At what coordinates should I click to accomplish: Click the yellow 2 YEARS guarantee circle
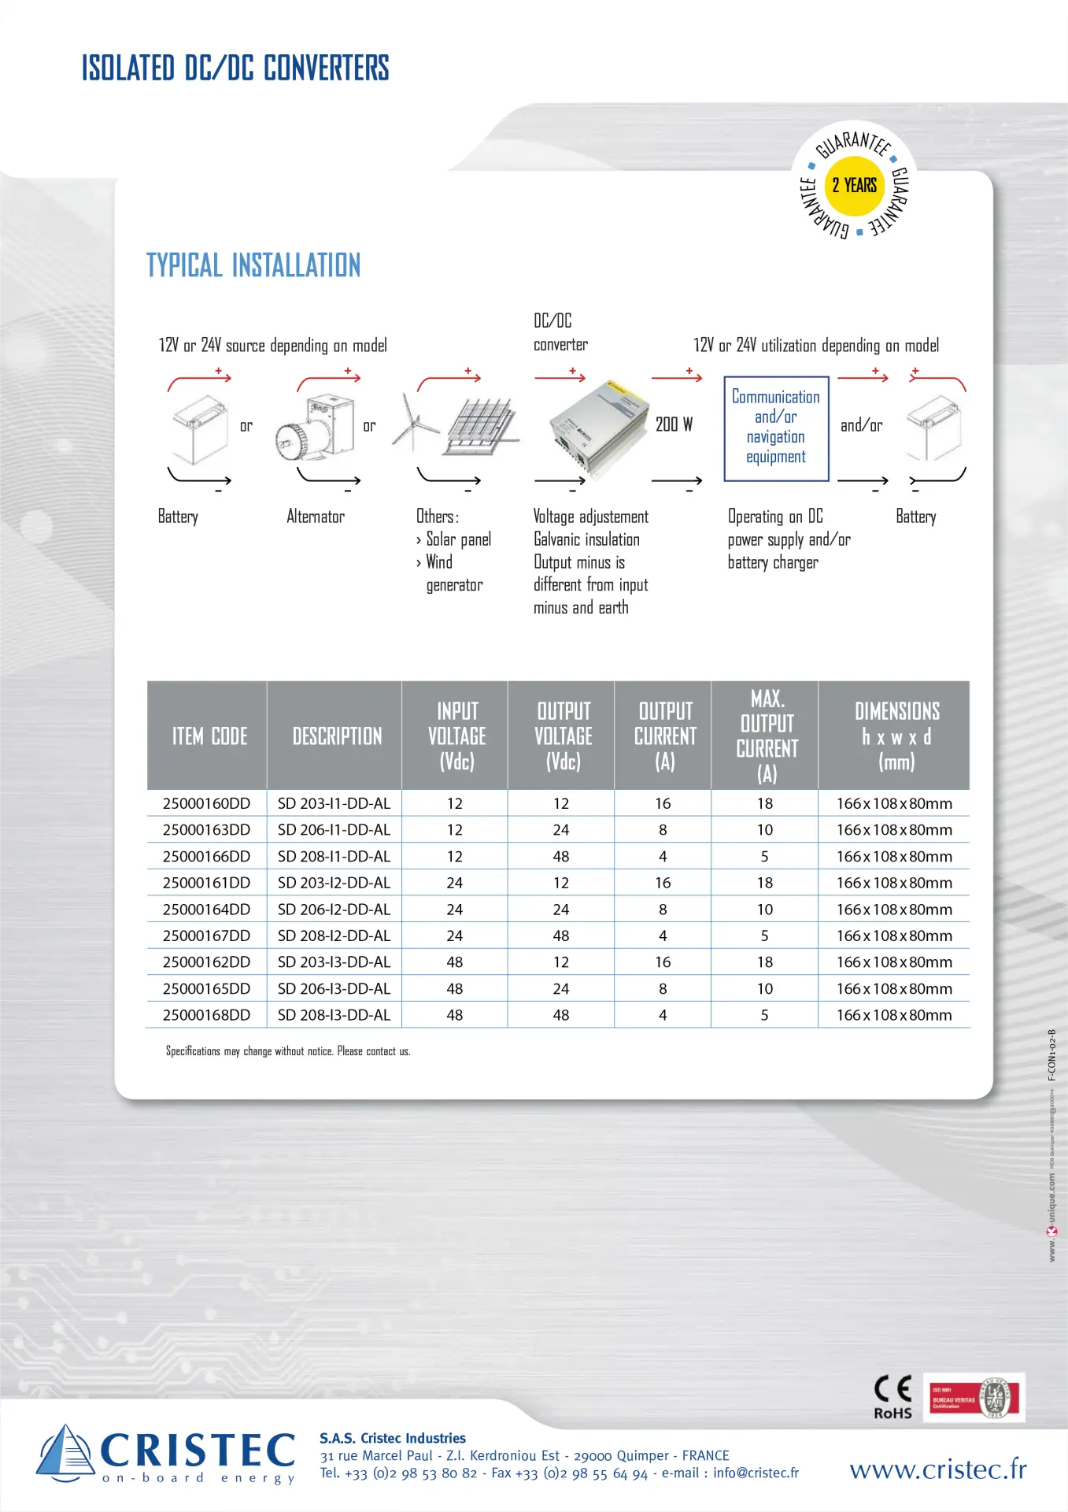pos(854,186)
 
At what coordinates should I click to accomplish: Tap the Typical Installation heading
pos(253,265)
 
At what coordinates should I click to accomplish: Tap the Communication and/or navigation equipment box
pos(776,428)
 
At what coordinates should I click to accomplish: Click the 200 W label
pos(674,424)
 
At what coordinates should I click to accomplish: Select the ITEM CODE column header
pos(209,736)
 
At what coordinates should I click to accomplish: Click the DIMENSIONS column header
pos(896,736)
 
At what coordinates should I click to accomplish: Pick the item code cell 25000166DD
pos(206,856)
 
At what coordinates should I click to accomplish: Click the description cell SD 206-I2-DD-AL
pos(334,909)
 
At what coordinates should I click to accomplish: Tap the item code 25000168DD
pos(206,1015)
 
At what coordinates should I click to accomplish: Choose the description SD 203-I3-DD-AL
pos(334,962)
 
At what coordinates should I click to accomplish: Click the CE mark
pos(892,1388)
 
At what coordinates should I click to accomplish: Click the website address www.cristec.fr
pos(937,1469)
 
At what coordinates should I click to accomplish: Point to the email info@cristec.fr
pos(756,1473)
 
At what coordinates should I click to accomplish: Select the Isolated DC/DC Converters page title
pos(235,69)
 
